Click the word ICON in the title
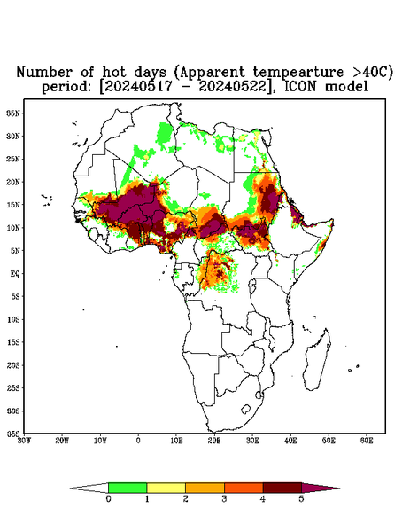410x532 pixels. [x=302, y=86]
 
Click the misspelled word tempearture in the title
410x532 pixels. [x=298, y=73]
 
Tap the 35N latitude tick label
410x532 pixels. [x=13, y=113]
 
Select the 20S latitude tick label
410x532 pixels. [x=13, y=365]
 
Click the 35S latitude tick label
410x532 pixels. [x=13, y=434]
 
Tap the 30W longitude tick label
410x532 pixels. [x=24, y=441]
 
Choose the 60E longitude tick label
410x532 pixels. [x=367, y=441]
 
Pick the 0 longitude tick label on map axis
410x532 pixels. [x=138, y=441]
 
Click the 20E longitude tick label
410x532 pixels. [x=214, y=441]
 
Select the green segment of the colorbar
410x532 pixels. [x=128, y=488]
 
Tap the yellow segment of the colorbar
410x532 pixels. [x=166, y=488]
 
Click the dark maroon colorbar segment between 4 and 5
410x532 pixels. [x=282, y=488]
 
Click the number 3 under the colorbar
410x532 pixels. [x=224, y=499]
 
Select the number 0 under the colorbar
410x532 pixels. [x=108, y=499]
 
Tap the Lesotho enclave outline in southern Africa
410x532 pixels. [x=246, y=409]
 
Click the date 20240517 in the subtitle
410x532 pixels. [x=137, y=87]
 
